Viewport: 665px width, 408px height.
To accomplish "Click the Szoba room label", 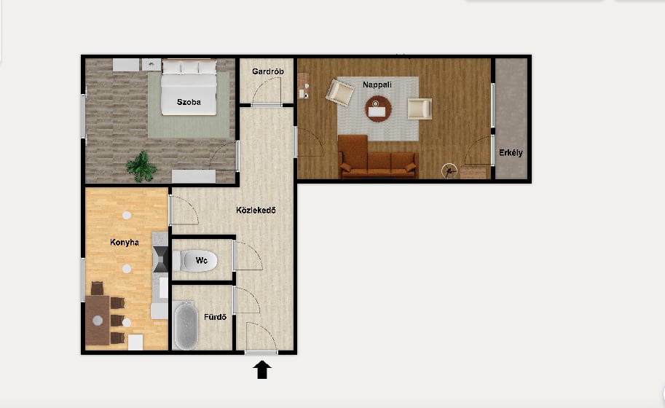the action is [x=189, y=102].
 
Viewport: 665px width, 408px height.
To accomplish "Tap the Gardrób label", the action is [x=267, y=71].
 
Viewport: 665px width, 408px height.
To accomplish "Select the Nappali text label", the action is [x=377, y=85].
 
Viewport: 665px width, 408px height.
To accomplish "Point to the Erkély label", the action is [x=511, y=153].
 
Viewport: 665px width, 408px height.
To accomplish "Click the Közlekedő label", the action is [x=256, y=210].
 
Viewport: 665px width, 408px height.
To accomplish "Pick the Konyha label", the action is [x=125, y=242].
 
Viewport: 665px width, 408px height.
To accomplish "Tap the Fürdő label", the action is [x=215, y=317].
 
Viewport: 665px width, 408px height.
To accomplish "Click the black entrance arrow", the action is [x=262, y=369].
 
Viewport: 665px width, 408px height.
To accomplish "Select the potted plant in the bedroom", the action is [x=141, y=167].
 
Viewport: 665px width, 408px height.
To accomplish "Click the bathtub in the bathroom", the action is [x=186, y=325].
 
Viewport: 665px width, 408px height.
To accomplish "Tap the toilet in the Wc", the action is [x=194, y=261].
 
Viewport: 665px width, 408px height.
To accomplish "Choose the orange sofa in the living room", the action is [x=377, y=157].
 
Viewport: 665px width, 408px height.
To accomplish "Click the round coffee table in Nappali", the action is [x=378, y=109].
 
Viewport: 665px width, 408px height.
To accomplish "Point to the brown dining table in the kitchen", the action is [x=98, y=321].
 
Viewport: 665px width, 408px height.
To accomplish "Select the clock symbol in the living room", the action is [x=449, y=171].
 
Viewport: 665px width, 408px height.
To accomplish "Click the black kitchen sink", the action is [x=161, y=259].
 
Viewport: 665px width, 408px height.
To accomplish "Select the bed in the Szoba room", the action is [x=189, y=87].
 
